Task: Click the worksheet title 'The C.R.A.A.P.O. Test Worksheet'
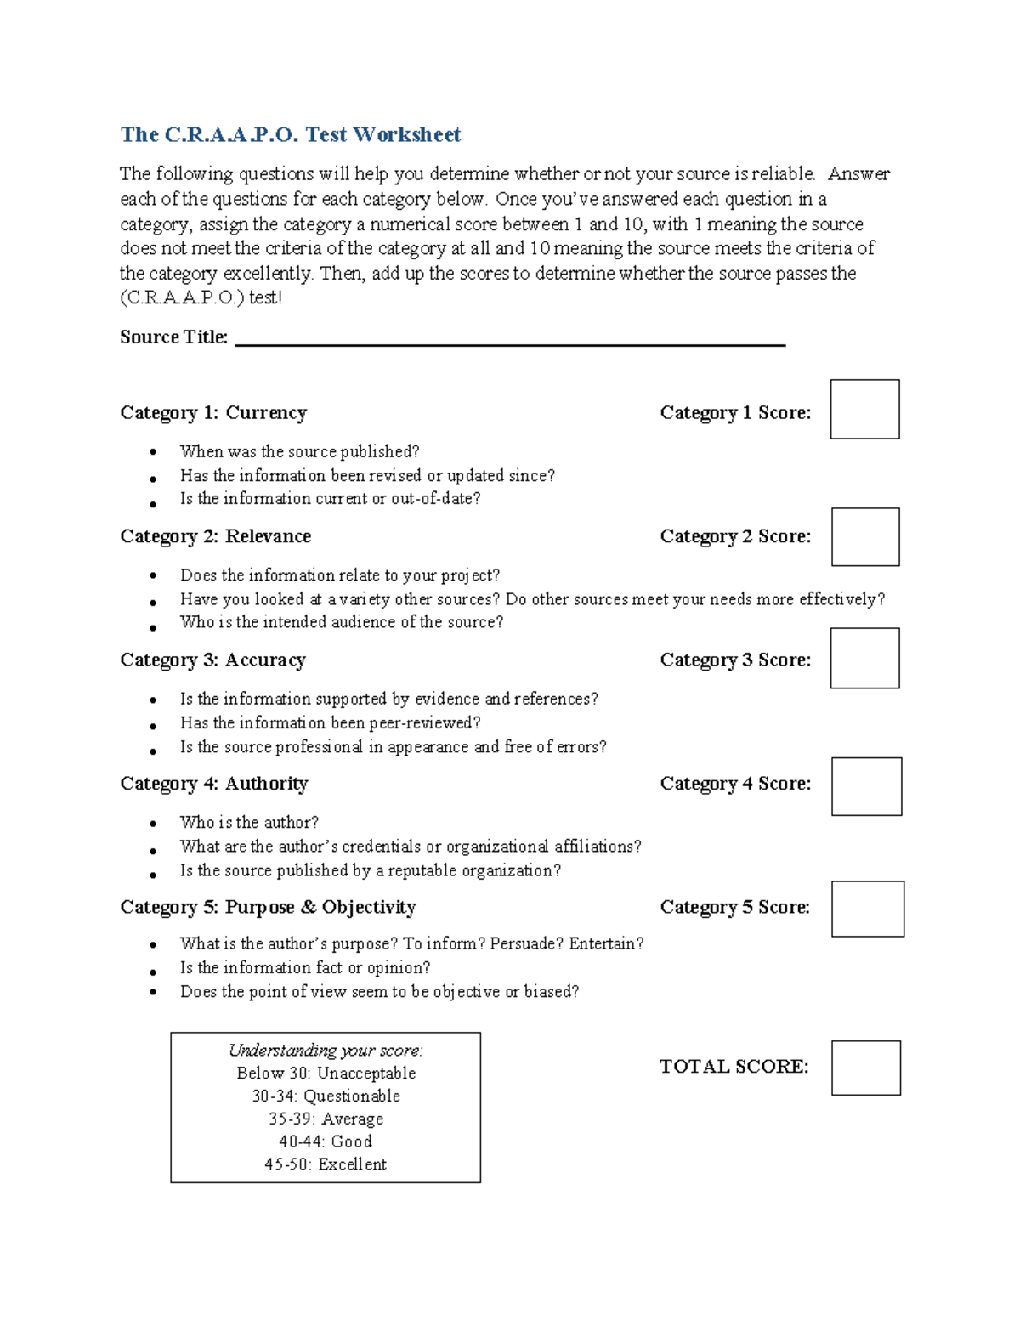click(290, 134)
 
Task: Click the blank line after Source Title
click(510, 338)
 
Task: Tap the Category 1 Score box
click(864, 409)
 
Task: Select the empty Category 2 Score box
click(864, 536)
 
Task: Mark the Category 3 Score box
click(864, 658)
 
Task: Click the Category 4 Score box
click(866, 786)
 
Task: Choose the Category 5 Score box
click(867, 909)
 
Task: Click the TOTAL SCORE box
click(865, 1068)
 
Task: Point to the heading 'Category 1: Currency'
click(213, 413)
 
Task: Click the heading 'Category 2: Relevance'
click(215, 536)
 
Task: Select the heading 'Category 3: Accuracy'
click(212, 660)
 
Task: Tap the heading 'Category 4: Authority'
click(213, 784)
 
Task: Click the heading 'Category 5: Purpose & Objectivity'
click(268, 908)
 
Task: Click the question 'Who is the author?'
click(249, 823)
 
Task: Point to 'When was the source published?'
click(299, 451)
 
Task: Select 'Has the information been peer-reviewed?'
click(330, 723)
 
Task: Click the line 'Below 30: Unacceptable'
click(326, 1074)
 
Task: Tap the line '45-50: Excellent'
click(326, 1164)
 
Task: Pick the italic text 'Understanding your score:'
click(326, 1051)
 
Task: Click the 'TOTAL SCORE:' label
click(734, 1067)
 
